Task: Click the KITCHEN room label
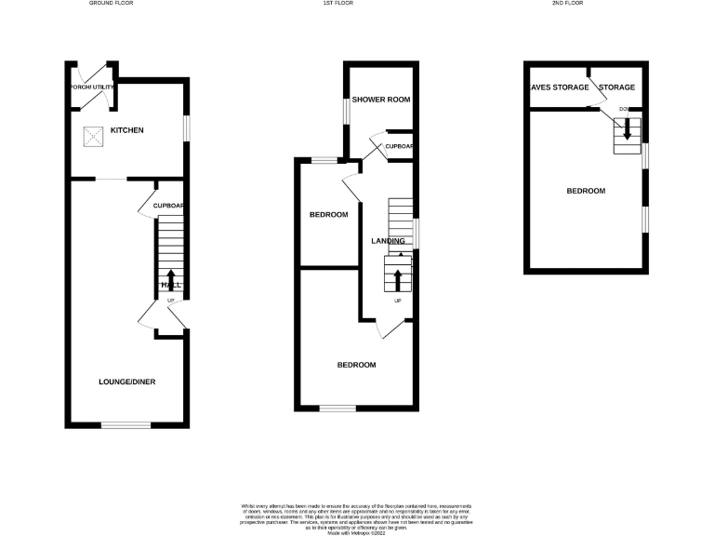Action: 127,130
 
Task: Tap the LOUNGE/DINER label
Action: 127,382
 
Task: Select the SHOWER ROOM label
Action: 380,99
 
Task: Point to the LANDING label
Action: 388,241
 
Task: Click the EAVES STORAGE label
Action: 558,87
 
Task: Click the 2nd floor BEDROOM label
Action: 586,191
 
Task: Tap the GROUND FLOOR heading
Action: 112,4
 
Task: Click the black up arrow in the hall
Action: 170,280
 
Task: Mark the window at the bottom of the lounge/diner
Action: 126,425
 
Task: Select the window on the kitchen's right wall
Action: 186,128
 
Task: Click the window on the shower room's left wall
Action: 345,110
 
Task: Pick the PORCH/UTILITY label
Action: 91,87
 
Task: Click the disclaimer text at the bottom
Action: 357,516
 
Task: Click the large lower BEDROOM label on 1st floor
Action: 356,365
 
